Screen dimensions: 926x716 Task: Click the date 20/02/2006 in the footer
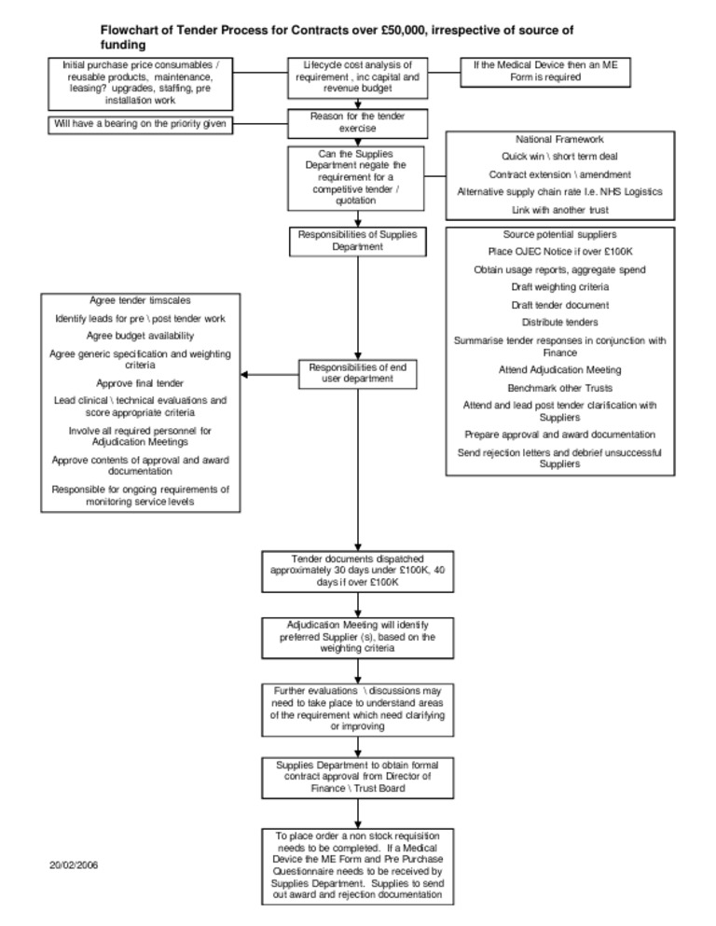pos(74,865)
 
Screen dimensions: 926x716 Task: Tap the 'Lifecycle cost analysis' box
pos(357,77)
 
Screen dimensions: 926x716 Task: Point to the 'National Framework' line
pos(559,139)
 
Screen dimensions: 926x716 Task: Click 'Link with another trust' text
pos(559,210)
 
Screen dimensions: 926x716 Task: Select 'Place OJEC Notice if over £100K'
pos(559,252)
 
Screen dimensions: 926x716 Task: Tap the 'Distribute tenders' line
pos(559,322)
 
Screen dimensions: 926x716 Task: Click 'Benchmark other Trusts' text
pos(559,387)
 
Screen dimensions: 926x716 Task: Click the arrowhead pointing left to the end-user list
pos(245,375)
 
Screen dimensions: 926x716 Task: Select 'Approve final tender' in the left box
pos(140,383)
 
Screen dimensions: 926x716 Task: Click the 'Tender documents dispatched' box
pos(357,570)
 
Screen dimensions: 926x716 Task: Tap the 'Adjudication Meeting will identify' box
pos(357,636)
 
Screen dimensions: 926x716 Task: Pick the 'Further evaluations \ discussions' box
pos(357,708)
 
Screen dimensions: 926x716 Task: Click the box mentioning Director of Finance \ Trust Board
pos(357,776)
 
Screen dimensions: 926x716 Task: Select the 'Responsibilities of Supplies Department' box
pos(357,241)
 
